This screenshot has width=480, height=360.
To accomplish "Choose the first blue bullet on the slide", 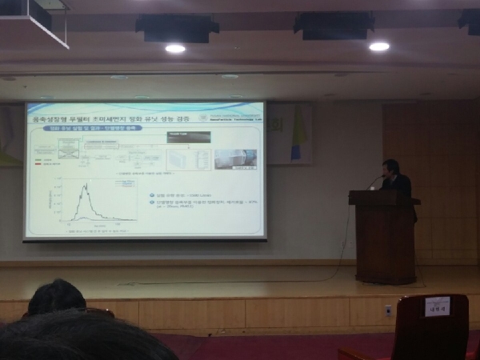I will pyautogui.click(x=153, y=194).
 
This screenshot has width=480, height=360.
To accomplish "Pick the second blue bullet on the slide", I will pyautogui.click(x=153, y=203).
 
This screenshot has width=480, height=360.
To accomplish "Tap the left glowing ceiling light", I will pyautogui.click(x=174, y=49).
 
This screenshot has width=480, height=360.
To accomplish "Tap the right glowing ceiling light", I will pyautogui.click(x=378, y=46).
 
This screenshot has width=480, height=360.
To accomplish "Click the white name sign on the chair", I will pyautogui.click(x=436, y=306).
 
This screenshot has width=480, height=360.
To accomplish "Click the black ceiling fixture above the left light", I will pyautogui.click(x=177, y=29).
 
